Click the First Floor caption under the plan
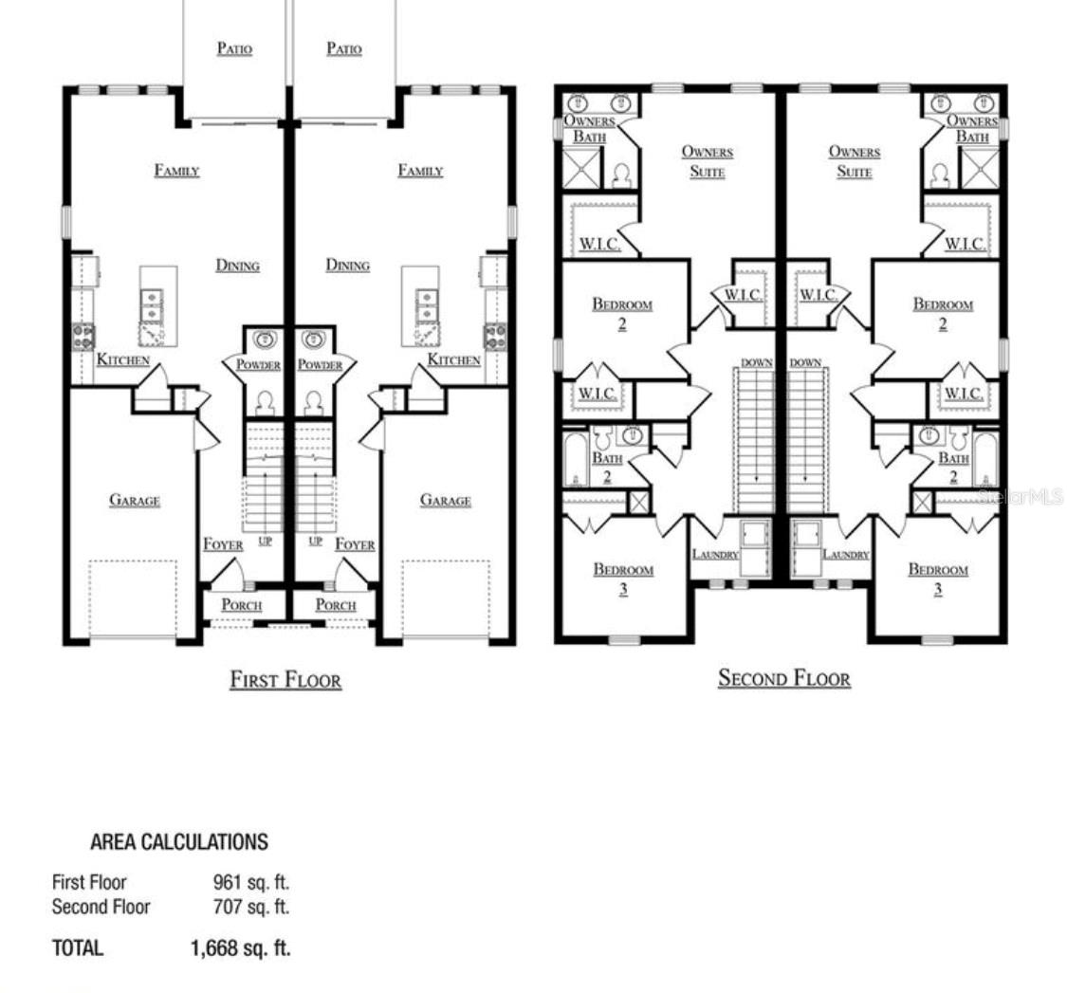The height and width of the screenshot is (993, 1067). pyautogui.click(x=285, y=680)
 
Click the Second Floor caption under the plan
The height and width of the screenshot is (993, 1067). pyautogui.click(x=784, y=678)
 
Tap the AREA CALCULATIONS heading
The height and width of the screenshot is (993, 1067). pyautogui.click(x=179, y=842)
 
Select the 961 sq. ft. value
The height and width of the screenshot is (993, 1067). pyautogui.click(x=251, y=882)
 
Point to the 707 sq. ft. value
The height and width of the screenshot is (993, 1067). pyautogui.click(x=251, y=907)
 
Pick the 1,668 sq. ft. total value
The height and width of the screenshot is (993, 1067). pyautogui.click(x=240, y=948)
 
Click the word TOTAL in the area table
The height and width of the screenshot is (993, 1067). pyautogui.click(x=78, y=948)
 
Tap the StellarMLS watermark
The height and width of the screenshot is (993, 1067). pyautogui.click(x=1021, y=497)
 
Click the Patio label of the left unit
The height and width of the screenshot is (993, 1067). pyautogui.click(x=235, y=48)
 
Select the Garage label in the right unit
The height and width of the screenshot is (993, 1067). pyautogui.click(x=446, y=500)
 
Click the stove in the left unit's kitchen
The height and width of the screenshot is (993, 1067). pyautogui.click(x=83, y=337)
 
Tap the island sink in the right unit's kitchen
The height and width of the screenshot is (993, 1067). pyautogui.click(x=428, y=305)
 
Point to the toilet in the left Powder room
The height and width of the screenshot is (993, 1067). pyautogui.click(x=265, y=404)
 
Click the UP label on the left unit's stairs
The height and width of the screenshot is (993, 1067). pyautogui.click(x=266, y=542)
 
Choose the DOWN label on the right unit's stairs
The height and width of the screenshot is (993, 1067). pyautogui.click(x=805, y=362)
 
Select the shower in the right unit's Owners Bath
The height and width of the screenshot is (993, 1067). pyautogui.click(x=979, y=168)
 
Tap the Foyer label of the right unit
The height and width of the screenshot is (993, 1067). pyautogui.click(x=355, y=544)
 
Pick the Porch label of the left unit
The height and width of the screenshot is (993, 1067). pyautogui.click(x=242, y=605)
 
